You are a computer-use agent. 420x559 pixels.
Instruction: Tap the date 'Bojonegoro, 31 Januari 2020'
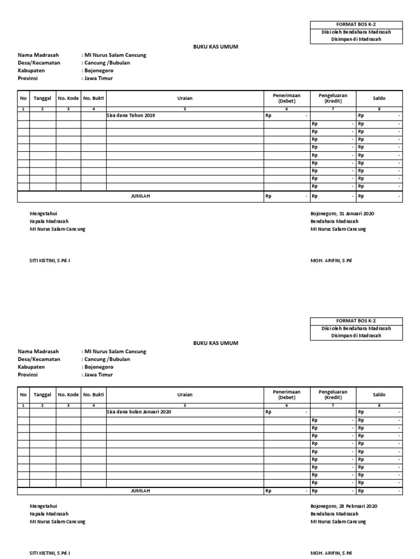[342, 213]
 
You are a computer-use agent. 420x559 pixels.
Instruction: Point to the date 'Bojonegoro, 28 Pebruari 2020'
[343, 506]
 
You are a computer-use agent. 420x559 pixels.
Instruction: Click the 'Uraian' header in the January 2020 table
[185, 98]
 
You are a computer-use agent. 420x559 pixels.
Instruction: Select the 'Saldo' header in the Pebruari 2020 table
[379, 394]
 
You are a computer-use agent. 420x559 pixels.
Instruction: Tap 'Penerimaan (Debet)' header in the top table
[287, 98]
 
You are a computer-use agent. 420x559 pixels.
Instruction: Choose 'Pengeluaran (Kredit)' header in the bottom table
[333, 394]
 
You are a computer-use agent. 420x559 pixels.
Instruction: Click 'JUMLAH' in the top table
[141, 196]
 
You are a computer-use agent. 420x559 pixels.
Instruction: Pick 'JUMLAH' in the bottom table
[141, 491]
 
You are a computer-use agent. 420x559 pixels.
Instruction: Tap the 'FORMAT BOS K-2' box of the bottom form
[356, 320]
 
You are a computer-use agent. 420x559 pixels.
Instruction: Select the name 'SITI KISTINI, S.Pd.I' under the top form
[50, 260]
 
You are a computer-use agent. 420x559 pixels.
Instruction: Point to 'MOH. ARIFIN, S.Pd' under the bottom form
[331, 553]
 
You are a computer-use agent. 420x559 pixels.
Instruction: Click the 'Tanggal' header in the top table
[43, 98]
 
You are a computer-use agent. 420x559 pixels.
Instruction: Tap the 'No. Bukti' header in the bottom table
[94, 394]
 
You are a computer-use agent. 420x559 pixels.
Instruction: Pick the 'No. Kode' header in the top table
[68, 98]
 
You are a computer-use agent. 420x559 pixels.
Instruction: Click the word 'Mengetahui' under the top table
[43, 213]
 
